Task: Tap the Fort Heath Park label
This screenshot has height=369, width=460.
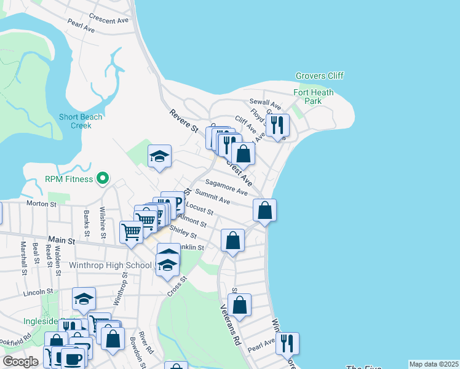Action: tap(313, 97)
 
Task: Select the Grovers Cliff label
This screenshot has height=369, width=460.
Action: tap(319, 76)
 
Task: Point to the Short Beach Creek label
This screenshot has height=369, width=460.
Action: tap(75, 121)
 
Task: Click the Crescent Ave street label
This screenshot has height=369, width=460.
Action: tap(108, 20)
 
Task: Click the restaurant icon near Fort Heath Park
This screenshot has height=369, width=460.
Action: tap(278, 125)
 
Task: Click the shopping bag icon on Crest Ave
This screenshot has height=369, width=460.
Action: tap(244, 153)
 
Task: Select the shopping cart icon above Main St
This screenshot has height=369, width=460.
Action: tap(131, 232)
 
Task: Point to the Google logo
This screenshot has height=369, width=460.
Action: tap(21, 362)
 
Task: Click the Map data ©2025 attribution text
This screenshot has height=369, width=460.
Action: tap(434, 364)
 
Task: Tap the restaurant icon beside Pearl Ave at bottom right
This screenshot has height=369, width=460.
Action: tap(287, 343)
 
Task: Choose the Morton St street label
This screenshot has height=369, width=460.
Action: tap(41, 204)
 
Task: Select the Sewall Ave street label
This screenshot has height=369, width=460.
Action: tap(265, 104)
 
